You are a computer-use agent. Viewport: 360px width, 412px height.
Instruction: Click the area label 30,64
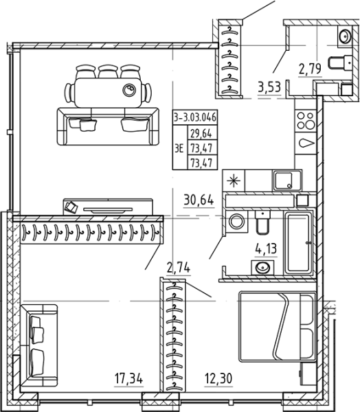[199, 201]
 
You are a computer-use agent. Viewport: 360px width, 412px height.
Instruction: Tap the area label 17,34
[129, 379]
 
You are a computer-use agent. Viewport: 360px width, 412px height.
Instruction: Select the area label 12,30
[218, 379]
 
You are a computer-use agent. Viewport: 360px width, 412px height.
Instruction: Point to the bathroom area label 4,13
[266, 249]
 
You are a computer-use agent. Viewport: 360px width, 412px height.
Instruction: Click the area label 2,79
[310, 69]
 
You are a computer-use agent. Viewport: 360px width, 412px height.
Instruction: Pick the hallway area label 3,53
[269, 87]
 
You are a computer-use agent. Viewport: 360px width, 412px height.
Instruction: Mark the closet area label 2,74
[179, 268]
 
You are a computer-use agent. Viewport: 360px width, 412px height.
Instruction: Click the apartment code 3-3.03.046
[195, 117]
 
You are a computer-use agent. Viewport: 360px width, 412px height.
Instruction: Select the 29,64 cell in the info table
[201, 133]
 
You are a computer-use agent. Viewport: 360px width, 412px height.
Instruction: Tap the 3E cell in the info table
[179, 148]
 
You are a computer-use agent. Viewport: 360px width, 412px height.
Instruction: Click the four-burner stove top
[306, 121]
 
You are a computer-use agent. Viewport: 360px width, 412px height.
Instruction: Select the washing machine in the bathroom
[236, 221]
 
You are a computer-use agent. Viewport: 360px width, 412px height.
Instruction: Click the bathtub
[298, 243]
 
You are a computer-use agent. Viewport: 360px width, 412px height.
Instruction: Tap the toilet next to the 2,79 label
[340, 63]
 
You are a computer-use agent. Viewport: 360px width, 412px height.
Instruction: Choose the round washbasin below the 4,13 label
[262, 268]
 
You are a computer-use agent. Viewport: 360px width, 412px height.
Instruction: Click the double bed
[277, 327]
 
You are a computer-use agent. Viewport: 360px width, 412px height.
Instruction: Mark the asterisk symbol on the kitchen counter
[234, 181]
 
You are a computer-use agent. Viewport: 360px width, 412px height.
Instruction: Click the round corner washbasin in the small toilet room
[344, 36]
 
